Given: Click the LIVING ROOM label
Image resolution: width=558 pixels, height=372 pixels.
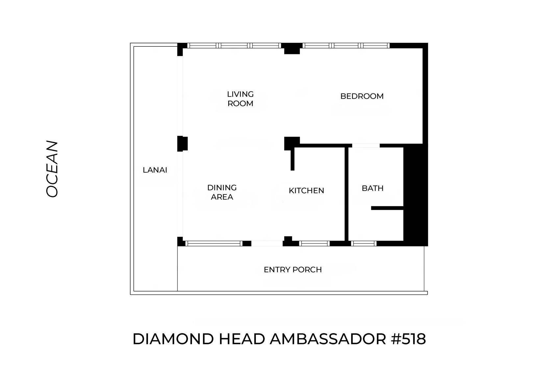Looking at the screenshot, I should [240, 99].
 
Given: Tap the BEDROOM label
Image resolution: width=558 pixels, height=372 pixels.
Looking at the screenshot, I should [362, 96].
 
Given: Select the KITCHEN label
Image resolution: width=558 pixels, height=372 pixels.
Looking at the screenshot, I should [306, 190].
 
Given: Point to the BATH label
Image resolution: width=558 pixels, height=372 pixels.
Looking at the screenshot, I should [373, 188].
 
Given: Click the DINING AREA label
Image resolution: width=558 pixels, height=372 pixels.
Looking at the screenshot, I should [222, 192].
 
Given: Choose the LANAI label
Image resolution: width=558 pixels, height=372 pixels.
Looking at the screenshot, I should [155, 170].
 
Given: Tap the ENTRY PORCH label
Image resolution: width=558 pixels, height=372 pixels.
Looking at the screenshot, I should [293, 270].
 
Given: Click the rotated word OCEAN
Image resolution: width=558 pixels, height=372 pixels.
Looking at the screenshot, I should [52, 169].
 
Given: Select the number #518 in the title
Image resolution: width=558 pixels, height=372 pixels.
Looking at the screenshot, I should [409, 339].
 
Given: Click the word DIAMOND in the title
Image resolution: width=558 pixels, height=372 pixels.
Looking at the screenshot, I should [173, 339].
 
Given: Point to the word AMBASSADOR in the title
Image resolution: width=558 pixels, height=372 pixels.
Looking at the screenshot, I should [328, 339].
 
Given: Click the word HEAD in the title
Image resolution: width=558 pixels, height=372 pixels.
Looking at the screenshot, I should [242, 339].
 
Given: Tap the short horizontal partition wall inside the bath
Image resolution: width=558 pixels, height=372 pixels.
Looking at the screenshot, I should [387, 208].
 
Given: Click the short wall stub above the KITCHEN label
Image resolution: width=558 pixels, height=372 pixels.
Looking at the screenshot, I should [292, 160].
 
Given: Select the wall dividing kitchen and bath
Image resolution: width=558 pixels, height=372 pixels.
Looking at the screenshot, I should [346, 194].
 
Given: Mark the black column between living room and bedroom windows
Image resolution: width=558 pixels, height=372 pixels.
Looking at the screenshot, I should [292, 48].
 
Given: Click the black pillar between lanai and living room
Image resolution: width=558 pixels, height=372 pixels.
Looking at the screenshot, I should [182, 143].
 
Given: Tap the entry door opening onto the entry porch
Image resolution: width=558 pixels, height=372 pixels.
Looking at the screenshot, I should [267, 243].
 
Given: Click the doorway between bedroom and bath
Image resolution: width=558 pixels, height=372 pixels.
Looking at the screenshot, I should [366, 145].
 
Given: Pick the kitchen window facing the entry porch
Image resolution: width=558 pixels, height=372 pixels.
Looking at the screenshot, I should [314, 243].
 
